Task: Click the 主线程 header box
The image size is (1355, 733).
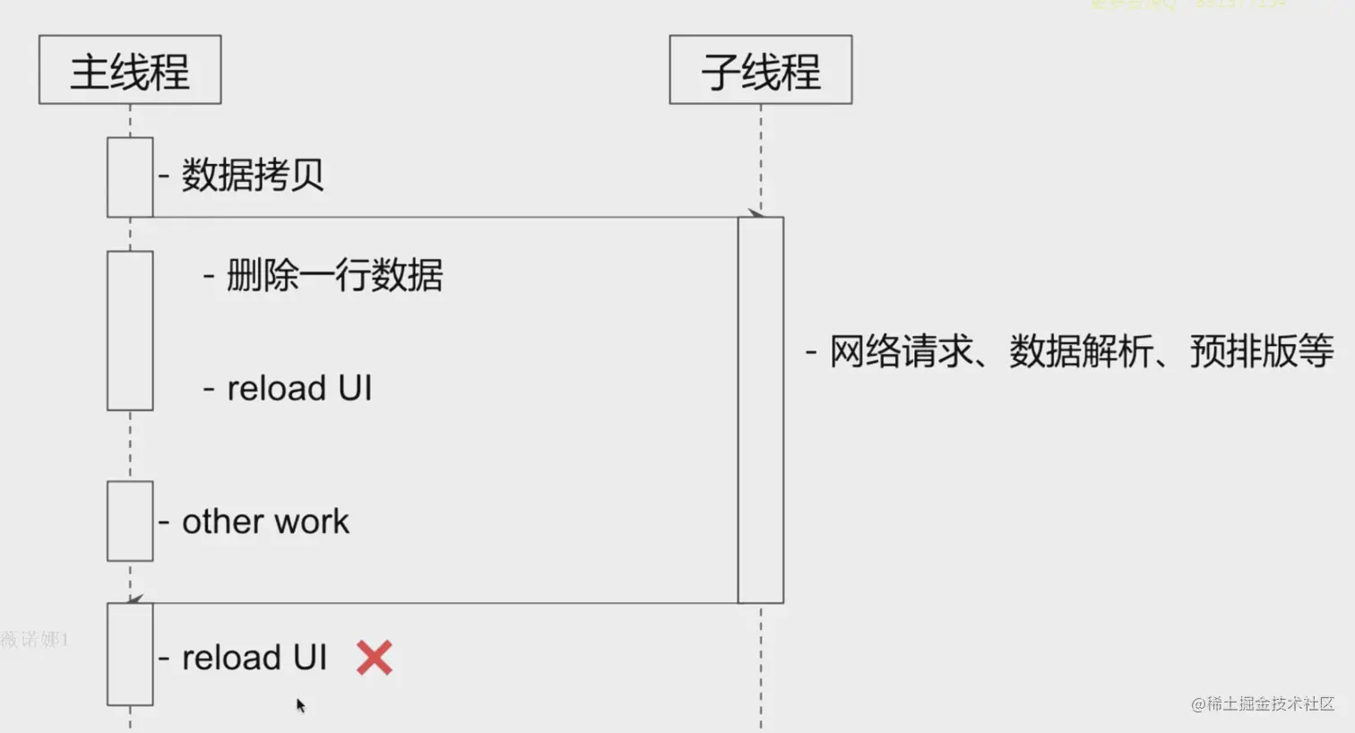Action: pos(130,70)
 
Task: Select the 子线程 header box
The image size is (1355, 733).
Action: pos(760,70)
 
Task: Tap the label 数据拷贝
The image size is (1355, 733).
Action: pos(253,175)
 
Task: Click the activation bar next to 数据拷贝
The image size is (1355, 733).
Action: pos(130,177)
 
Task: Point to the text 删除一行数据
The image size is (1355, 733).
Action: pos(334,275)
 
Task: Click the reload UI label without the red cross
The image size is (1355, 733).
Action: pos(299,388)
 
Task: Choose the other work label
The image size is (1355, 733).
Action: pos(265,522)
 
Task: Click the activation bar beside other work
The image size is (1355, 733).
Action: pos(130,521)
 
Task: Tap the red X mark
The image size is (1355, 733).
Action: pos(375,658)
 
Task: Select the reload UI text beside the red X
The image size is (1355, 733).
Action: pos(255,658)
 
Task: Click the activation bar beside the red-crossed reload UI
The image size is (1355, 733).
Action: pos(130,654)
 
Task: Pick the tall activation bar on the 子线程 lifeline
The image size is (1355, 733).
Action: pos(761,410)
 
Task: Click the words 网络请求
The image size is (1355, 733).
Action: pos(901,351)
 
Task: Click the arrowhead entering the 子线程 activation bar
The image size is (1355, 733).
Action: pos(755,213)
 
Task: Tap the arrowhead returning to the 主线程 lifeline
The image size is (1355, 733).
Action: pos(135,599)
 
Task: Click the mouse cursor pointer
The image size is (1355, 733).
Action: pos(300,705)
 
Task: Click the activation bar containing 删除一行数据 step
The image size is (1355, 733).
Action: pos(130,331)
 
